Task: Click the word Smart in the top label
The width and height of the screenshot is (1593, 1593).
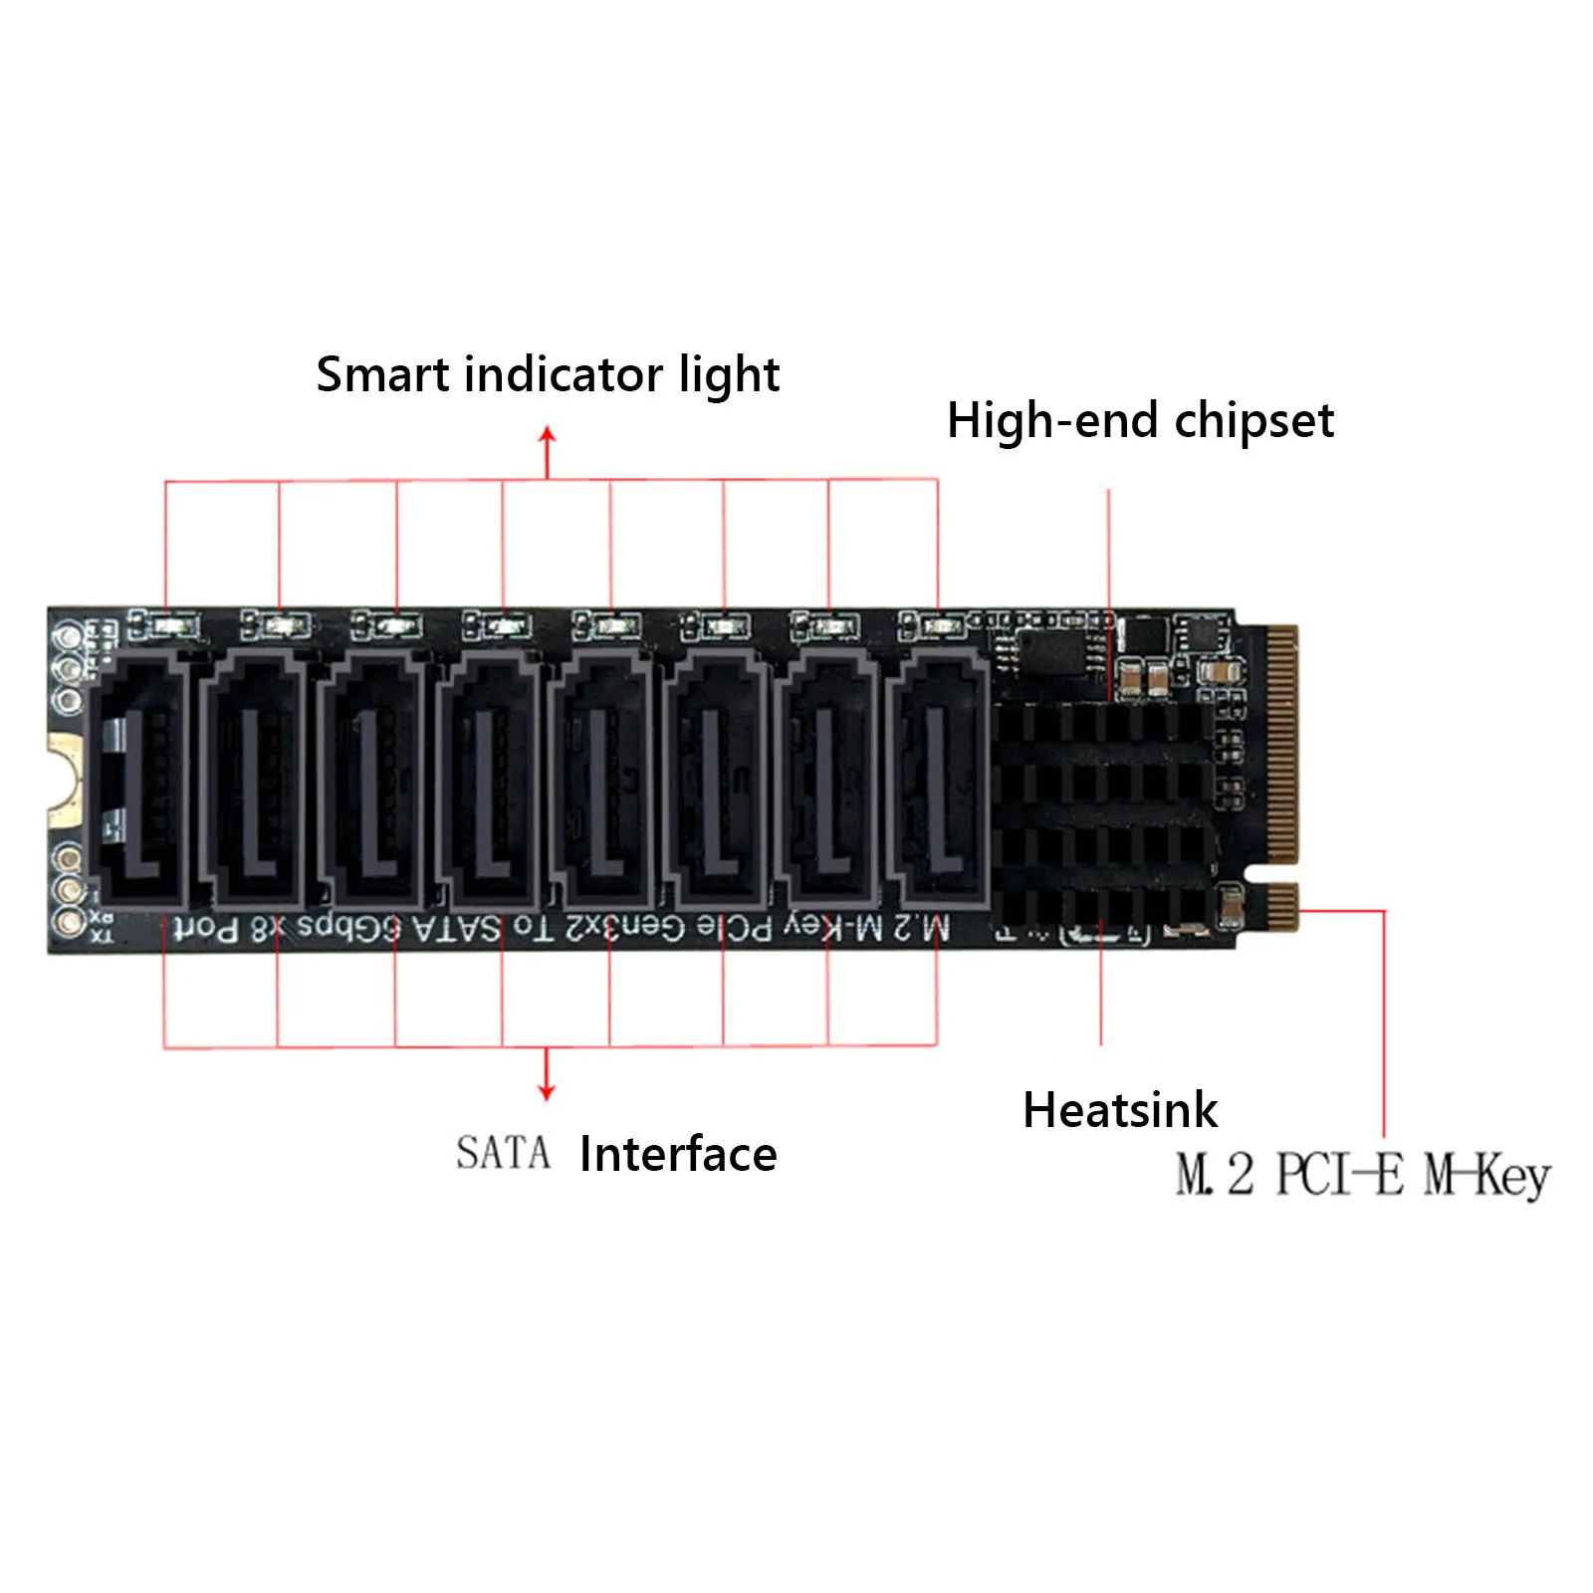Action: click(x=382, y=375)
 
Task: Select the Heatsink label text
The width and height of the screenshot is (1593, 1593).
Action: click(x=1119, y=1110)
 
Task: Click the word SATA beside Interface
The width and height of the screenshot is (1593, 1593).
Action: click(x=503, y=1154)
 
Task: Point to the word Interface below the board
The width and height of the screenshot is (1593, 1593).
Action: click(x=678, y=1155)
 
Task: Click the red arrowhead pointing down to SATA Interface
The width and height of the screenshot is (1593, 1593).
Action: click(x=546, y=1091)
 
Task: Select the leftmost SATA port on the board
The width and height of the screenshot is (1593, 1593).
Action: click(x=139, y=777)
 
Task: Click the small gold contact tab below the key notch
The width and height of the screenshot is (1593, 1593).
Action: click(x=1281, y=906)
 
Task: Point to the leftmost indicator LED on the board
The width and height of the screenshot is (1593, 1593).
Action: click(x=166, y=626)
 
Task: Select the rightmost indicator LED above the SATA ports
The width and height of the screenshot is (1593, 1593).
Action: click(x=936, y=626)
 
